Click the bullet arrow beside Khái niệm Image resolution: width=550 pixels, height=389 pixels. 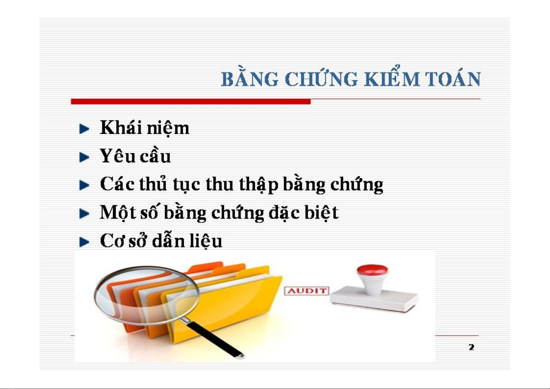tap(84, 129)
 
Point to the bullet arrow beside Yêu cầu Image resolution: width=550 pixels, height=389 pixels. tap(84, 157)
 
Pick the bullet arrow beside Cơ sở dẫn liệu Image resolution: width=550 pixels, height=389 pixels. tap(84, 242)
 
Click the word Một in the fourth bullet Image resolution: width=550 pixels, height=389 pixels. tap(118, 212)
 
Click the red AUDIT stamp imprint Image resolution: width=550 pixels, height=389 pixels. tap(306, 291)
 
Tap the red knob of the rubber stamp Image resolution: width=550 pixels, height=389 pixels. tap(372, 270)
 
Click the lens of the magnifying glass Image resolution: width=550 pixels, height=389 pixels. tap(146, 295)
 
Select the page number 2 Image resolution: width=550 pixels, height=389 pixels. tap(471, 347)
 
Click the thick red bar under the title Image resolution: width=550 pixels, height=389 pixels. tap(191, 101)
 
